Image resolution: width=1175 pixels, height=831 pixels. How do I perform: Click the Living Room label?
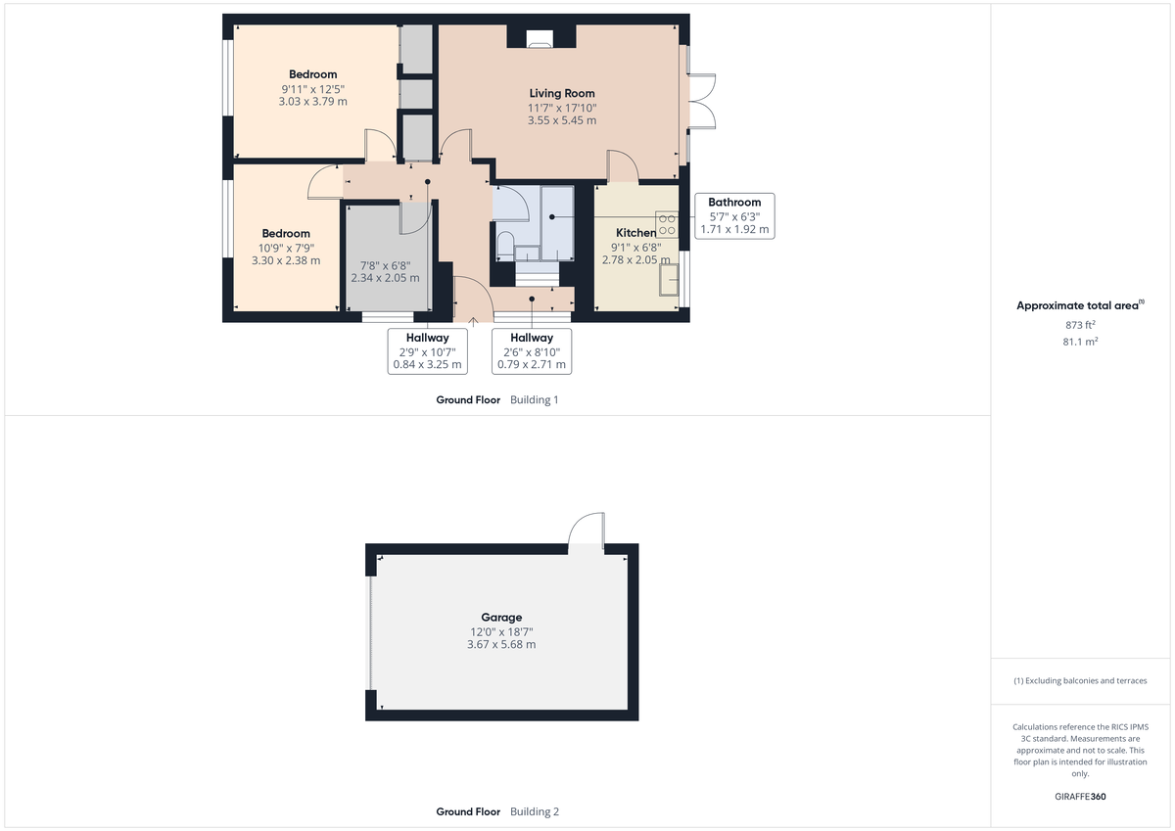pyautogui.click(x=561, y=93)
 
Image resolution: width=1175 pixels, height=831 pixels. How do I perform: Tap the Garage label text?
pyautogui.click(x=502, y=618)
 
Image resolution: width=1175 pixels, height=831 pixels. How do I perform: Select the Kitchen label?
pyautogui.click(x=635, y=233)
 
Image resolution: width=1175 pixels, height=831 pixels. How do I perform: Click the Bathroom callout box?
pyautogui.click(x=734, y=216)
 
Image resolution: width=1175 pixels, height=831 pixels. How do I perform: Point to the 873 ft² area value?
pyautogui.click(x=1080, y=324)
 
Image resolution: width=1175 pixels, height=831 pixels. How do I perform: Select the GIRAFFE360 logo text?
pyautogui.click(x=1080, y=797)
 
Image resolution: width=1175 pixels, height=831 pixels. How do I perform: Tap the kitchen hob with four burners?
pyautogui.click(x=668, y=224)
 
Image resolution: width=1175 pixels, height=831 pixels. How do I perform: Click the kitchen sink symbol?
pyautogui.click(x=671, y=280)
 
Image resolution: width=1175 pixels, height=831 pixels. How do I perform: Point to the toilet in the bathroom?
pyautogui.click(x=505, y=244)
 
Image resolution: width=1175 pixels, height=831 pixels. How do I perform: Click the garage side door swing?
pyautogui.click(x=587, y=531)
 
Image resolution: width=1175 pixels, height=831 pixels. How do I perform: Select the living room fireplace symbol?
pyautogui.click(x=540, y=39)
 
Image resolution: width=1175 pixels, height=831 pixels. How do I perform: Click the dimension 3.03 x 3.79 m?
pyautogui.click(x=312, y=101)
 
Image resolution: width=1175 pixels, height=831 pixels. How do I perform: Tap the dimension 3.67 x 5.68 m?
pyautogui.click(x=502, y=644)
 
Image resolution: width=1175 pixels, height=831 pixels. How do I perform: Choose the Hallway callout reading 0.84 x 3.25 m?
pyautogui.click(x=428, y=351)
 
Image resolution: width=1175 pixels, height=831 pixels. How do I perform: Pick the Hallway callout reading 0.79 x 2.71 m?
pyautogui.click(x=531, y=351)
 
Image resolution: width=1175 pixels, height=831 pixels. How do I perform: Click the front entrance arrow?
pyautogui.click(x=474, y=319)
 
